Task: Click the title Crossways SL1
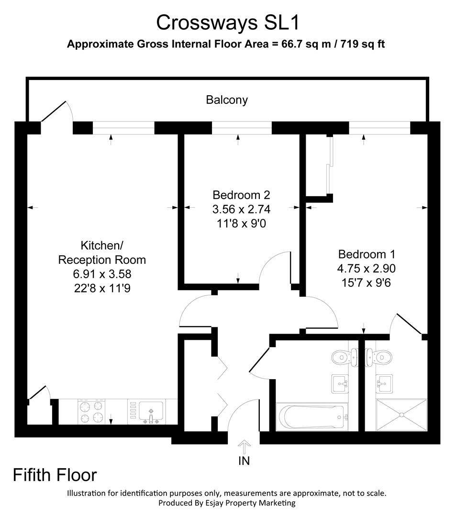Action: pyautogui.click(x=228, y=22)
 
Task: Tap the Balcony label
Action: pyautogui.click(x=227, y=100)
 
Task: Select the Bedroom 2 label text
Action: pyautogui.click(x=241, y=195)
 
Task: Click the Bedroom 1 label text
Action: pyautogui.click(x=366, y=254)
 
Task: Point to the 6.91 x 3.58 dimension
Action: pyautogui.click(x=101, y=274)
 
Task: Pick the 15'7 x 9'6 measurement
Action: pyautogui.click(x=366, y=282)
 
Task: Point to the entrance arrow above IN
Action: pyautogui.click(x=244, y=448)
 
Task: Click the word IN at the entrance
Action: pyautogui.click(x=244, y=461)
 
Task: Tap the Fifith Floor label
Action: pyautogui.click(x=55, y=475)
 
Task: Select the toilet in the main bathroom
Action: pyautogui.click(x=344, y=356)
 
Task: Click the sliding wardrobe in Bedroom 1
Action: pyautogui.click(x=329, y=165)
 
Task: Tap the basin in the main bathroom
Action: pyautogui.click(x=340, y=383)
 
